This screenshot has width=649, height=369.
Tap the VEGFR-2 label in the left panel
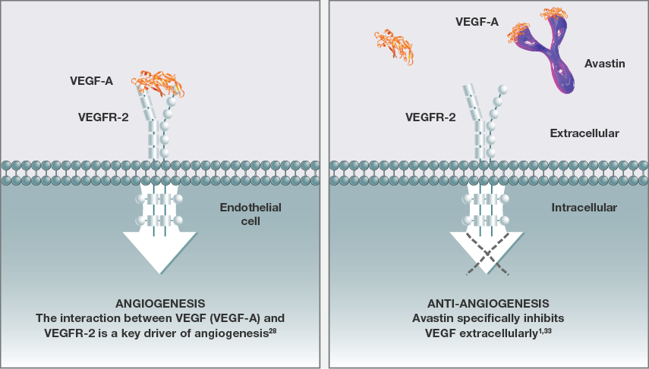[99, 117]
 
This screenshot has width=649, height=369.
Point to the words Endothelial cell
[240, 214]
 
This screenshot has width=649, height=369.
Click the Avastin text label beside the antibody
[605, 64]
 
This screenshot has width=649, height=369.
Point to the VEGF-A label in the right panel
[476, 22]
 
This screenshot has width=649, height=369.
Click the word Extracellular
[584, 133]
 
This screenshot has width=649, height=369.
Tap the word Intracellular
[584, 206]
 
